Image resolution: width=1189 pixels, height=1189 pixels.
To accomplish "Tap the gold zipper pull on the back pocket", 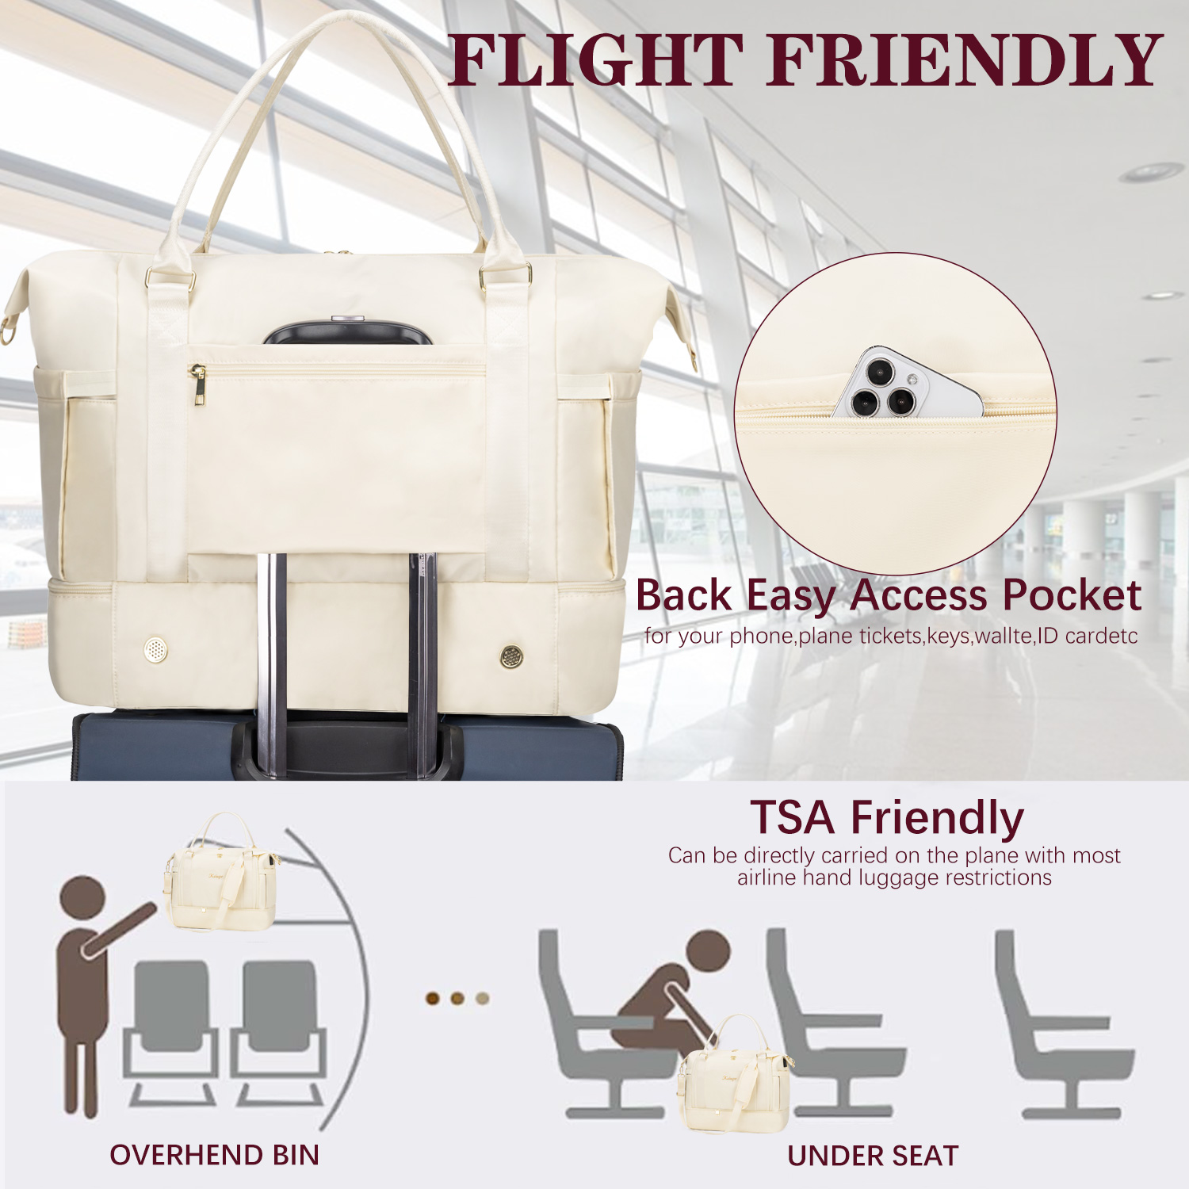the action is click(x=198, y=384).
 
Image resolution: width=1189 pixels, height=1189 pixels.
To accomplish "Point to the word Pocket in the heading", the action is click(x=1071, y=594).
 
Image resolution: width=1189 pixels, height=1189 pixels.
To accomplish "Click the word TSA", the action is click(x=792, y=817).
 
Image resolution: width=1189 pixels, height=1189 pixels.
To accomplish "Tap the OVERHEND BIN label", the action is click(x=214, y=1155).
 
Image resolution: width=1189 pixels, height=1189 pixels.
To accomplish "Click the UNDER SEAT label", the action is click(x=873, y=1156).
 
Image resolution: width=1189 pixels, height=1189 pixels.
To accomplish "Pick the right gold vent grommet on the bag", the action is click(x=512, y=656).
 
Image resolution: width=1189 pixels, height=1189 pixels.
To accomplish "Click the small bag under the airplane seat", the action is click(x=734, y=1074).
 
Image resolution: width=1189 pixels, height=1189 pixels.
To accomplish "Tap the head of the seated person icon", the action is click(x=709, y=952).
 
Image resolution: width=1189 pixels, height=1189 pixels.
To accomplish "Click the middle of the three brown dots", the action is click(x=457, y=998).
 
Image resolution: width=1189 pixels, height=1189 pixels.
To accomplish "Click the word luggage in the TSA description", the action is click(x=894, y=878).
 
